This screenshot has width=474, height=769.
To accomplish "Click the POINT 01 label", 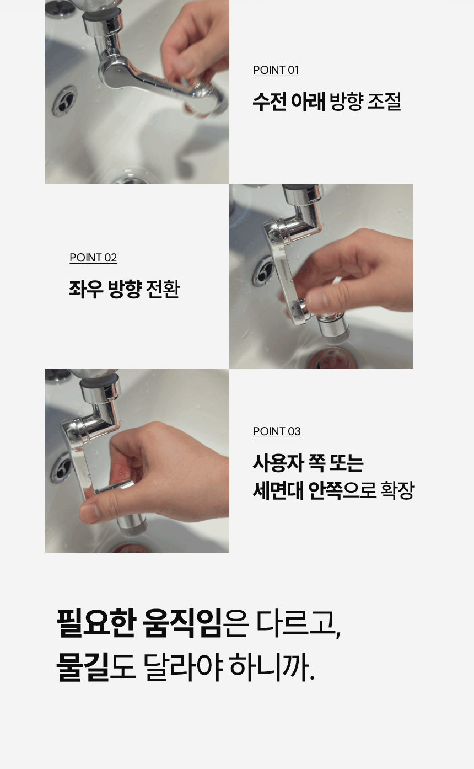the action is (276, 70).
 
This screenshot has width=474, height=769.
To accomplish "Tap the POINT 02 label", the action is (93, 258).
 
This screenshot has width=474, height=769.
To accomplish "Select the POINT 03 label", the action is (277, 431).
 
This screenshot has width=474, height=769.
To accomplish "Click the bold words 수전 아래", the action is (289, 102).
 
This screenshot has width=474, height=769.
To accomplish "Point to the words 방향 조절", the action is (365, 102).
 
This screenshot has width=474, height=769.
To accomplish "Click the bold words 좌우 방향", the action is (105, 289).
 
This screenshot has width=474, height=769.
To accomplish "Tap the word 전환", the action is (163, 289).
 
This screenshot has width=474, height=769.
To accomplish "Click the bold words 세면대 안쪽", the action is (298, 490).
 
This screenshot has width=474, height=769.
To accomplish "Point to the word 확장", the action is (397, 490).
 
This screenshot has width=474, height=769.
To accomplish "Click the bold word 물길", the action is (82, 666).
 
